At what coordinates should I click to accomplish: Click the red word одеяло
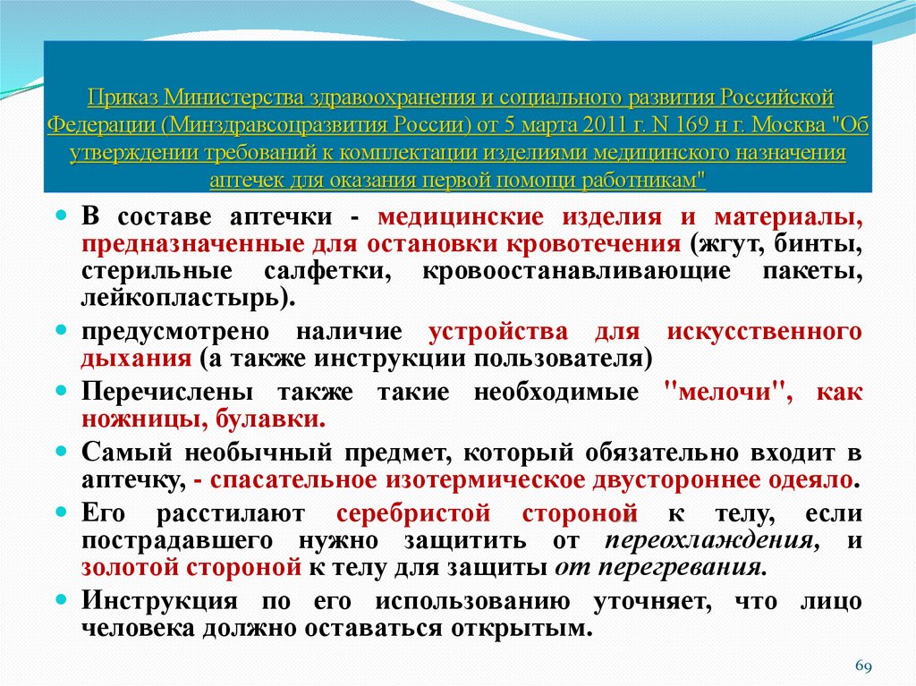pos(810,479)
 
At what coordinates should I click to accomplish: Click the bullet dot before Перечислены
pos(62,393)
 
